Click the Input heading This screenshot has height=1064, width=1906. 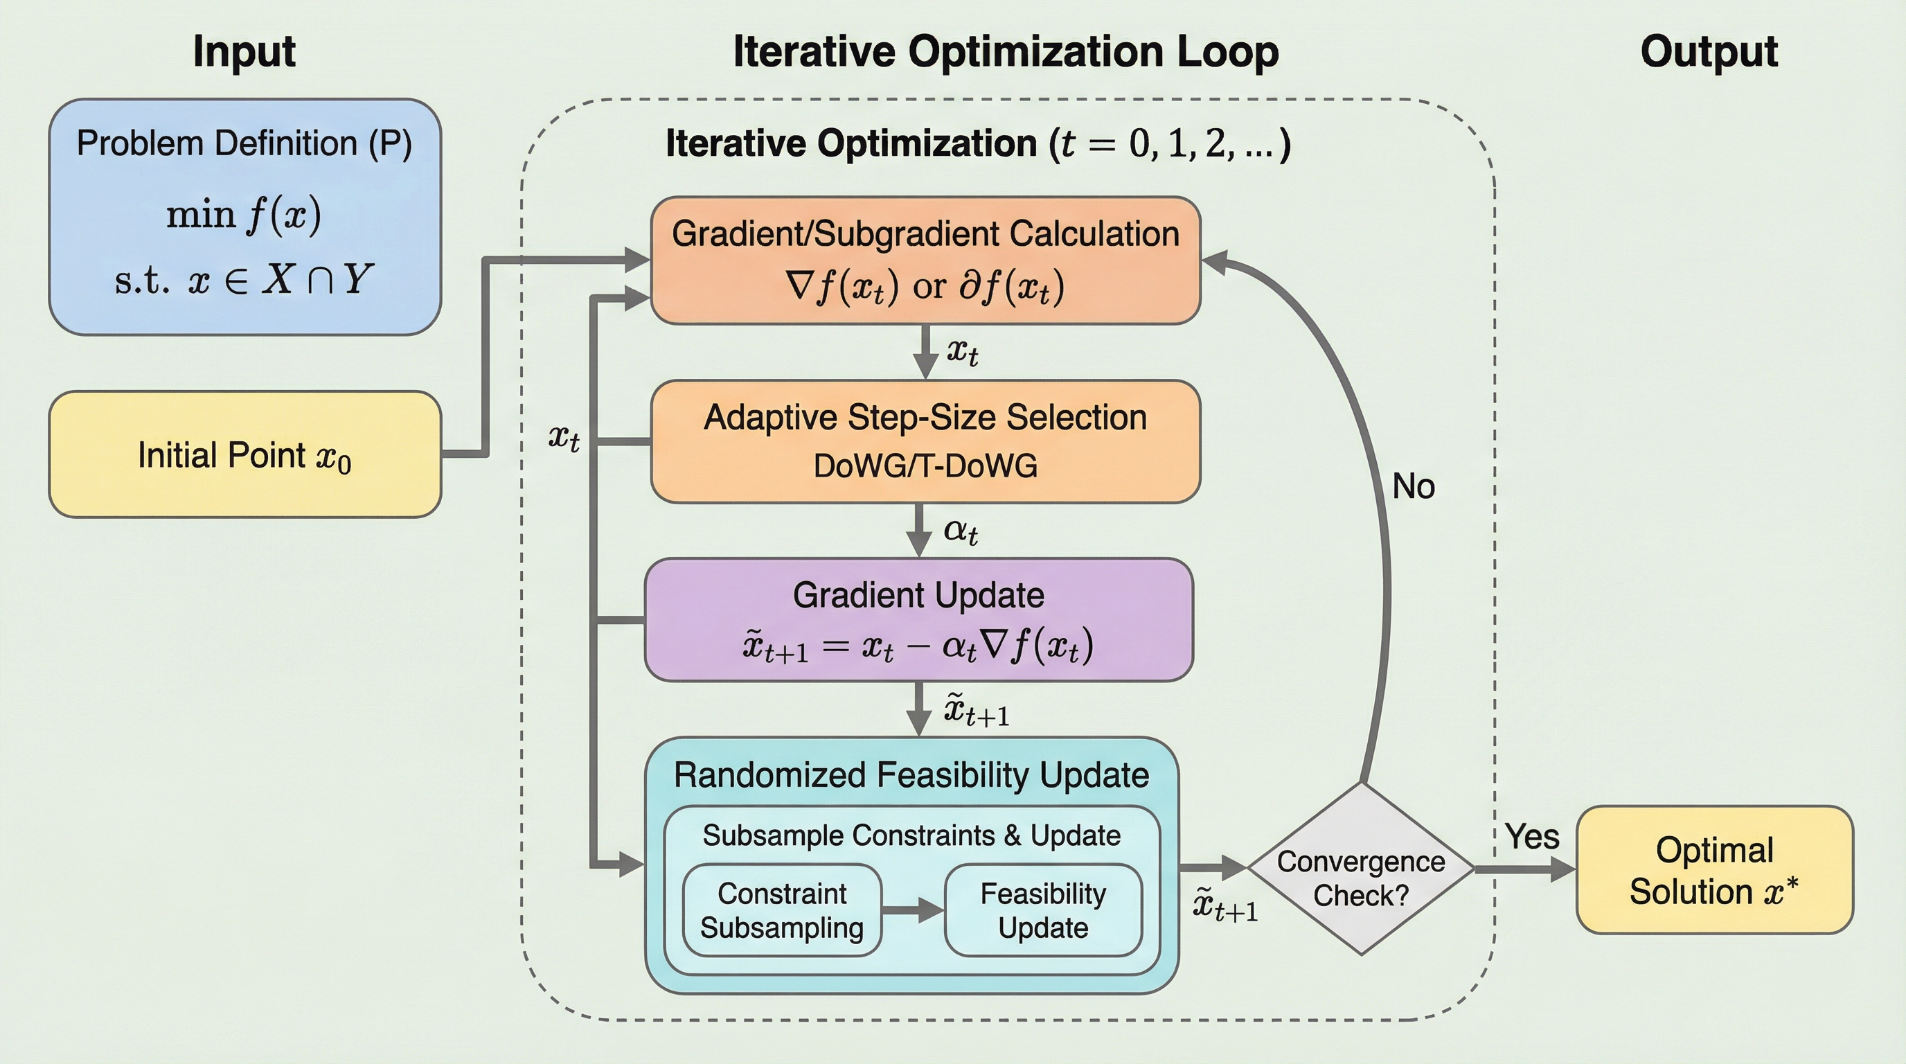coord(244,52)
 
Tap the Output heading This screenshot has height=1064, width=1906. coord(1709,52)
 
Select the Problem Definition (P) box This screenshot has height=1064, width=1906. coord(245,217)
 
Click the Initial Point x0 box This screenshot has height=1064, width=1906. coord(245,454)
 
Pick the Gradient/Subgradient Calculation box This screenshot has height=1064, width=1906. coord(925,260)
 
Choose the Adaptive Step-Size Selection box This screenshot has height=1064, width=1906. coord(925,442)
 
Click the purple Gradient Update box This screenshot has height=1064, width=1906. coord(918,619)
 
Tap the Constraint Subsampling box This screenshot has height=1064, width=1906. coord(782,910)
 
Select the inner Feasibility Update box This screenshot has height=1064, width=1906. coord(1043,910)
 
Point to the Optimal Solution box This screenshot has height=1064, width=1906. coord(1714,870)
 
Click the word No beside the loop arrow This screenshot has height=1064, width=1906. coord(1413,487)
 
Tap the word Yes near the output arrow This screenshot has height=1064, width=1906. coord(1531,837)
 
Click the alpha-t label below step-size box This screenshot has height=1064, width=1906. coord(961,531)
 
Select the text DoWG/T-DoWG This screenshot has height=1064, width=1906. coord(925,466)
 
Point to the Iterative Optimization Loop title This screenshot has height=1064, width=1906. coord(1006,52)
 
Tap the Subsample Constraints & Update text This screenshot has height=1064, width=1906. coord(911,835)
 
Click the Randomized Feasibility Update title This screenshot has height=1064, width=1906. coord(911,775)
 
